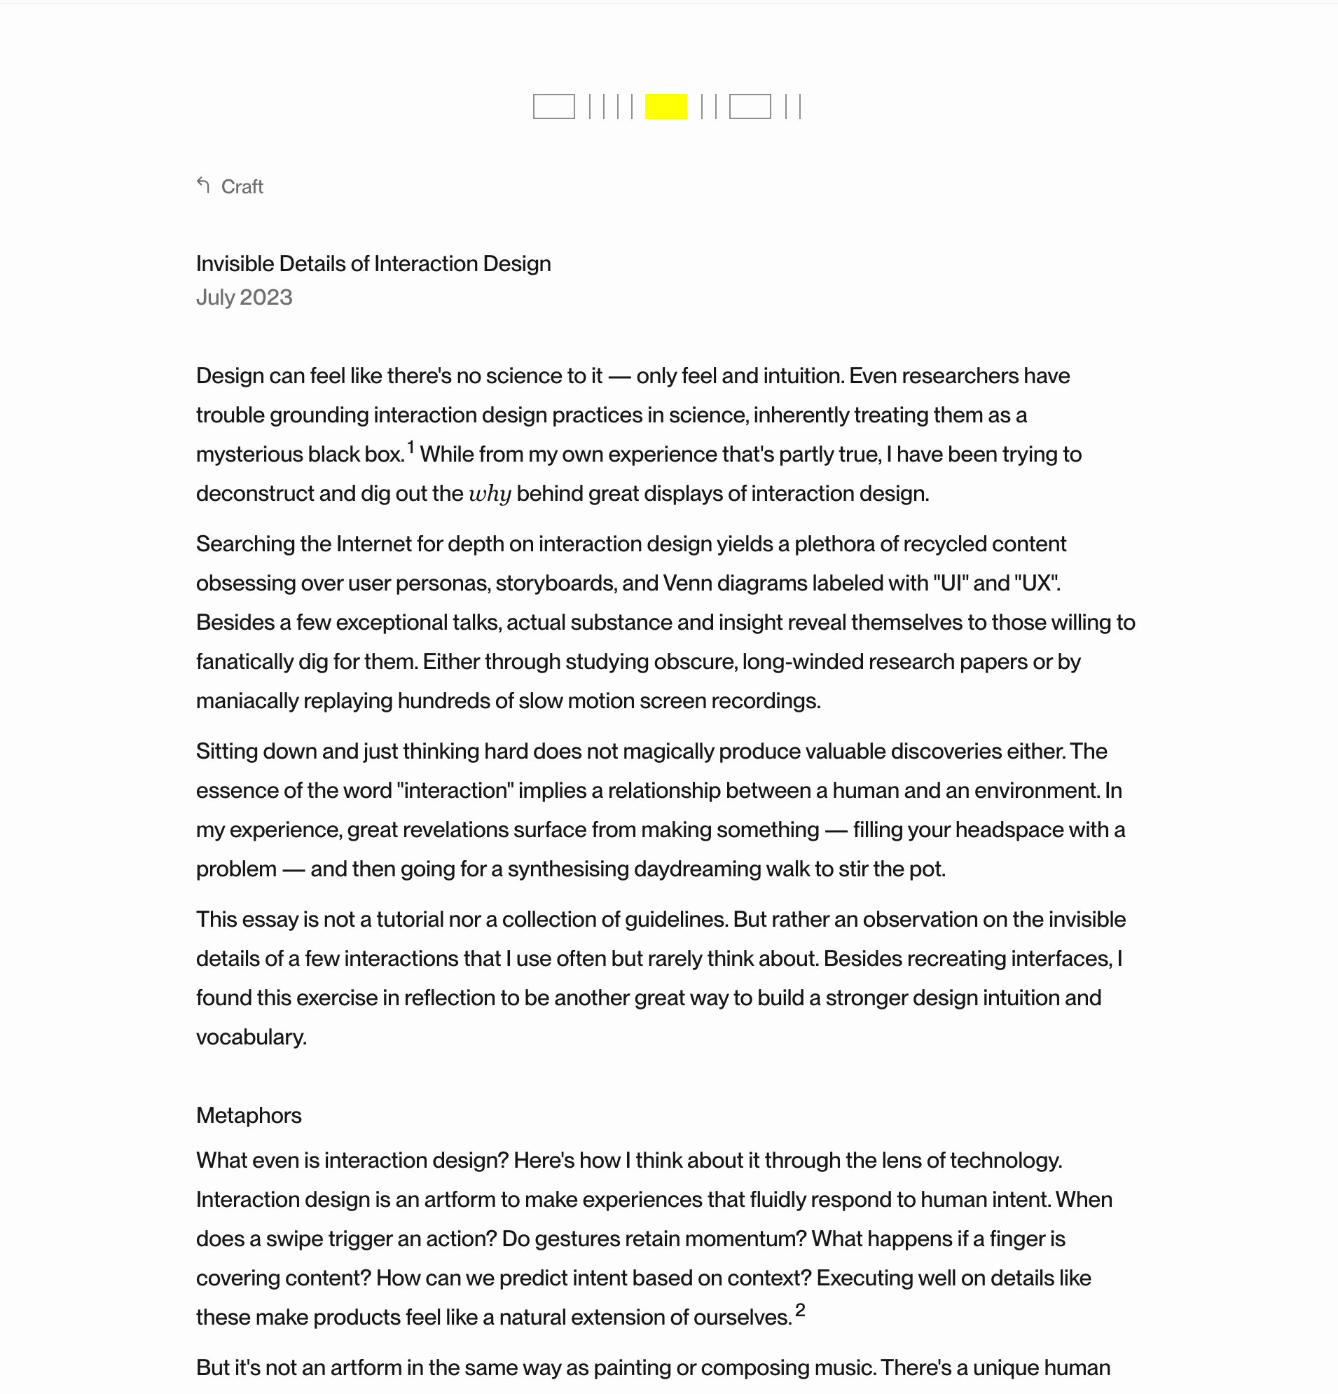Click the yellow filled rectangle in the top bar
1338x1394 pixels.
(x=665, y=106)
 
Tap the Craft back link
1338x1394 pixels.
(x=242, y=187)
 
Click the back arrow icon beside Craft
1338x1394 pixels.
(x=203, y=186)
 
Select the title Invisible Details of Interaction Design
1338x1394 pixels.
(x=373, y=264)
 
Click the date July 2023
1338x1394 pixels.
(x=244, y=297)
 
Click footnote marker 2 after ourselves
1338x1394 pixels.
(x=799, y=1310)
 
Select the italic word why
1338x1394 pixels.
(x=490, y=495)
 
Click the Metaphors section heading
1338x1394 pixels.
(x=248, y=1115)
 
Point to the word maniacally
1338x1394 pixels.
(x=247, y=701)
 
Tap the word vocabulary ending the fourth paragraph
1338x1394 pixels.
(x=250, y=1037)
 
